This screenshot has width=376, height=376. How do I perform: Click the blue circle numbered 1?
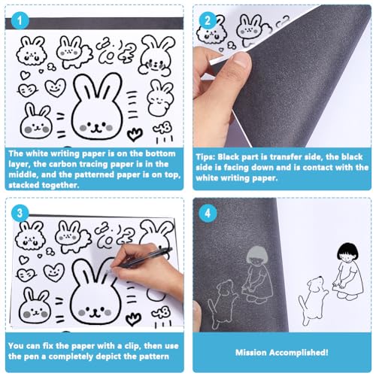(x=20, y=21)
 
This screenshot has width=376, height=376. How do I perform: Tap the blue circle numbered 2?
(x=208, y=20)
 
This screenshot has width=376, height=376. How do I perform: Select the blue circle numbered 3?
(x=20, y=214)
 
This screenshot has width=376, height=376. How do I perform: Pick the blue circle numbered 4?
(x=208, y=214)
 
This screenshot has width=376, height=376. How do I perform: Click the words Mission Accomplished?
(x=282, y=353)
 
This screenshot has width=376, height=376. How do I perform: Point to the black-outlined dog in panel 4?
(x=313, y=299)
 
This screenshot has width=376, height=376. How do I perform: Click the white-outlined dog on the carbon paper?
(x=223, y=303)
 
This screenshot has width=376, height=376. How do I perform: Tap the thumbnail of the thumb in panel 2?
(x=241, y=62)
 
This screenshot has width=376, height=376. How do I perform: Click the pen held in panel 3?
(x=142, y=259)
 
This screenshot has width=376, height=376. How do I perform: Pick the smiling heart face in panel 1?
(x=56, y=87)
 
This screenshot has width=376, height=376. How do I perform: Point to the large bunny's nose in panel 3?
(x=94, y=311)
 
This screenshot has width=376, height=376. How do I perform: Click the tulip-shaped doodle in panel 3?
(x=133, y=320)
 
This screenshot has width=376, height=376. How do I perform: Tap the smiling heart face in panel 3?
(x=54, y=272)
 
